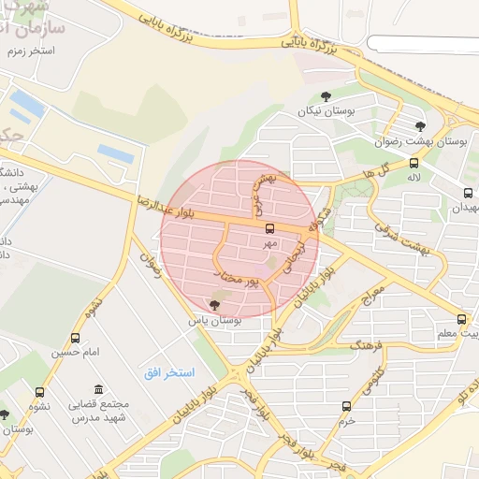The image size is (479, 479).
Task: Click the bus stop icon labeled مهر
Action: point(270,228)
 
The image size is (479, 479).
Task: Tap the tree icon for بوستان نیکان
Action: point(326,96)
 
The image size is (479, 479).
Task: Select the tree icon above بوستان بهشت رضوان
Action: point(420,126)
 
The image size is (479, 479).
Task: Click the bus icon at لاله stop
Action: point(414,161)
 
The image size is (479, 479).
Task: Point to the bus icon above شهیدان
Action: point(467,193)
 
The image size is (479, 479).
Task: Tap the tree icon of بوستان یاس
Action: point(215,305)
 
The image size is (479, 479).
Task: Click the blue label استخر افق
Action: point(169,373)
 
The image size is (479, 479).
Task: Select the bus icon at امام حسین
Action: point(75,338)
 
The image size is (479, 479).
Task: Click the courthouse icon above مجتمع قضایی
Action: point(98,389)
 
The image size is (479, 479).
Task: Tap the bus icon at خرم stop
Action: point(346,406)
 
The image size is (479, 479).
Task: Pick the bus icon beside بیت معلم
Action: point(462,318)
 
